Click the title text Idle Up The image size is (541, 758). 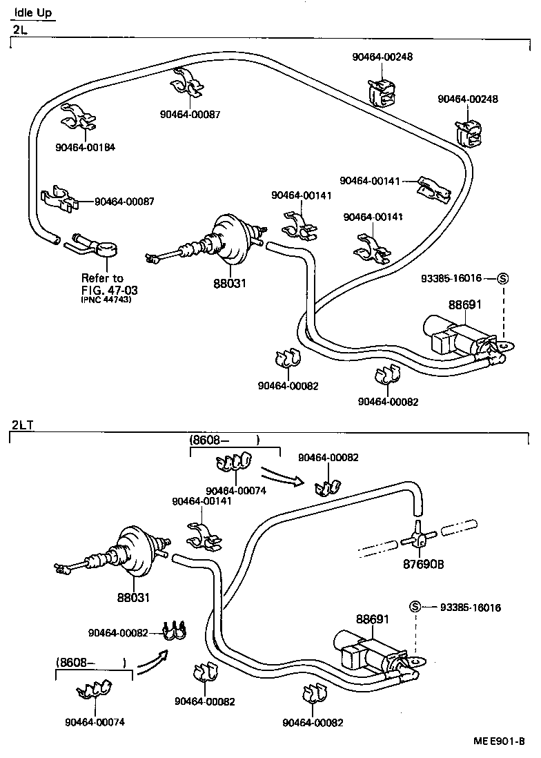point(33,12)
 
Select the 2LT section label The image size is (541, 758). point(23,424)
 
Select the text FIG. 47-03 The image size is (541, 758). point(109,289)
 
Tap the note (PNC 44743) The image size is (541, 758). point(106,300)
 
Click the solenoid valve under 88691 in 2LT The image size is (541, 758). point(366,651)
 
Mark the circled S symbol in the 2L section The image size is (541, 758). point(502,278)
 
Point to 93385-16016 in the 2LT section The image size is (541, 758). point(471,608)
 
